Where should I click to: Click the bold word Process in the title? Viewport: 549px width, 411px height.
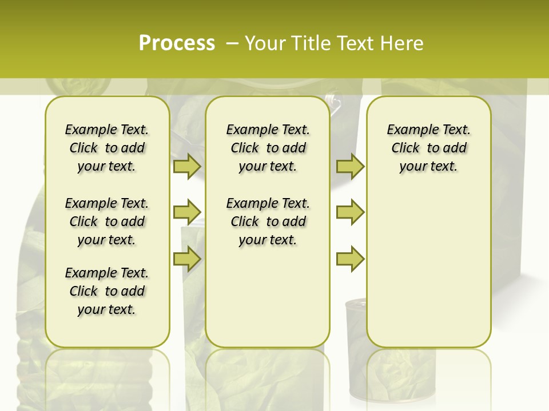point(177,43)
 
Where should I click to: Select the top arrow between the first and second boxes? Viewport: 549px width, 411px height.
point(186,166)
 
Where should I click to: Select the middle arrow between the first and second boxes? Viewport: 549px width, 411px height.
point(186,212)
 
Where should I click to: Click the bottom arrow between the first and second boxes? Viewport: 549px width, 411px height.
point(186,259)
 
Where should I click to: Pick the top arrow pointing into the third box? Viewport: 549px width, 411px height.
point(350,166)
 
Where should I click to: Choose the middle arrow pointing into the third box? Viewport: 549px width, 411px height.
point(350,212)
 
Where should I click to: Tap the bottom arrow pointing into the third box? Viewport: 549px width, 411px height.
point(350,259)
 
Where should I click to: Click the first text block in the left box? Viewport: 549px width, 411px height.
point(107,148)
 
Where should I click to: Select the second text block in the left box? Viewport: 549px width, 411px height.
point(107,221)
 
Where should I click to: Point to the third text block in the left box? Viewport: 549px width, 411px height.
point(107,291)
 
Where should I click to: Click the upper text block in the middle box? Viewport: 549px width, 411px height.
point(268,148)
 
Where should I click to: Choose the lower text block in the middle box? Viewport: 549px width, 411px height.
point(268,221)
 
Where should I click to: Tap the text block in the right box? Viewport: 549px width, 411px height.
point(428,148)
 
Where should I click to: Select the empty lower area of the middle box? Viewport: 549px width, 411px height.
point(268,297)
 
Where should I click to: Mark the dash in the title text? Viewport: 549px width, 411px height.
point(232,43)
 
